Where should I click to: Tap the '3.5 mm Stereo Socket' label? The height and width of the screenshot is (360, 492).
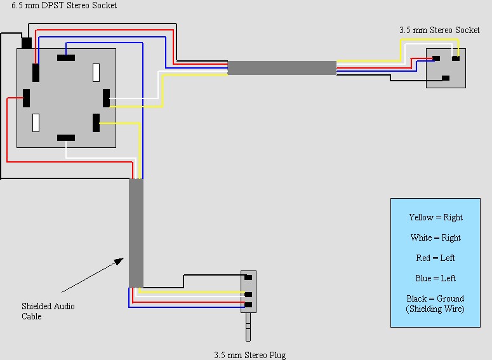tap(439, 30)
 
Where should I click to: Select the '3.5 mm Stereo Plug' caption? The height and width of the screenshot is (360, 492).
tap(246, 355)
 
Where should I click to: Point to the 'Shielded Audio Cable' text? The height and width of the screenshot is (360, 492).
tap(48, 311)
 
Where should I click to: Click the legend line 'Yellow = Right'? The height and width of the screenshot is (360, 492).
tap(435, 217)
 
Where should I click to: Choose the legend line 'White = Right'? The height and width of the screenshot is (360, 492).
tap(435, 237)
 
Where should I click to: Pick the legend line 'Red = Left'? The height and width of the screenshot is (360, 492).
tap(435, 258)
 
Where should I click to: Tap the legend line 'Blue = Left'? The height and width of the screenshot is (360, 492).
tap(435, 278)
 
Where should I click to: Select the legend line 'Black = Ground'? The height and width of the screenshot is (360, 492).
tap(435, 298)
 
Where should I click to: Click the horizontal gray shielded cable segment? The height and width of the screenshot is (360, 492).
tap(282, 68)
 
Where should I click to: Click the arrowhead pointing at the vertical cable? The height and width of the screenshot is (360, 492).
tap(120, 260)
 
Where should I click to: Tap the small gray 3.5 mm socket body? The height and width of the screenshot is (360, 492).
tap(446, 68)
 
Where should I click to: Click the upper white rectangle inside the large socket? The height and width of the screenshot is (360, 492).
tap(96, 72)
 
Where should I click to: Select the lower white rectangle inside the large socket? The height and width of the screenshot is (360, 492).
tap(36, 122)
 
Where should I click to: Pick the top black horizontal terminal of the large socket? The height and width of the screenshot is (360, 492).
tap(66, 58)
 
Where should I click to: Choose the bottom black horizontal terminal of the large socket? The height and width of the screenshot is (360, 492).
tap(66, 138)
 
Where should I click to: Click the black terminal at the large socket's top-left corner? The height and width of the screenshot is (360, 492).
tap(27, 43)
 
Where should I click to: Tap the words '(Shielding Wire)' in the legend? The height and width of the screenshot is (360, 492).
tap(435, 309)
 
